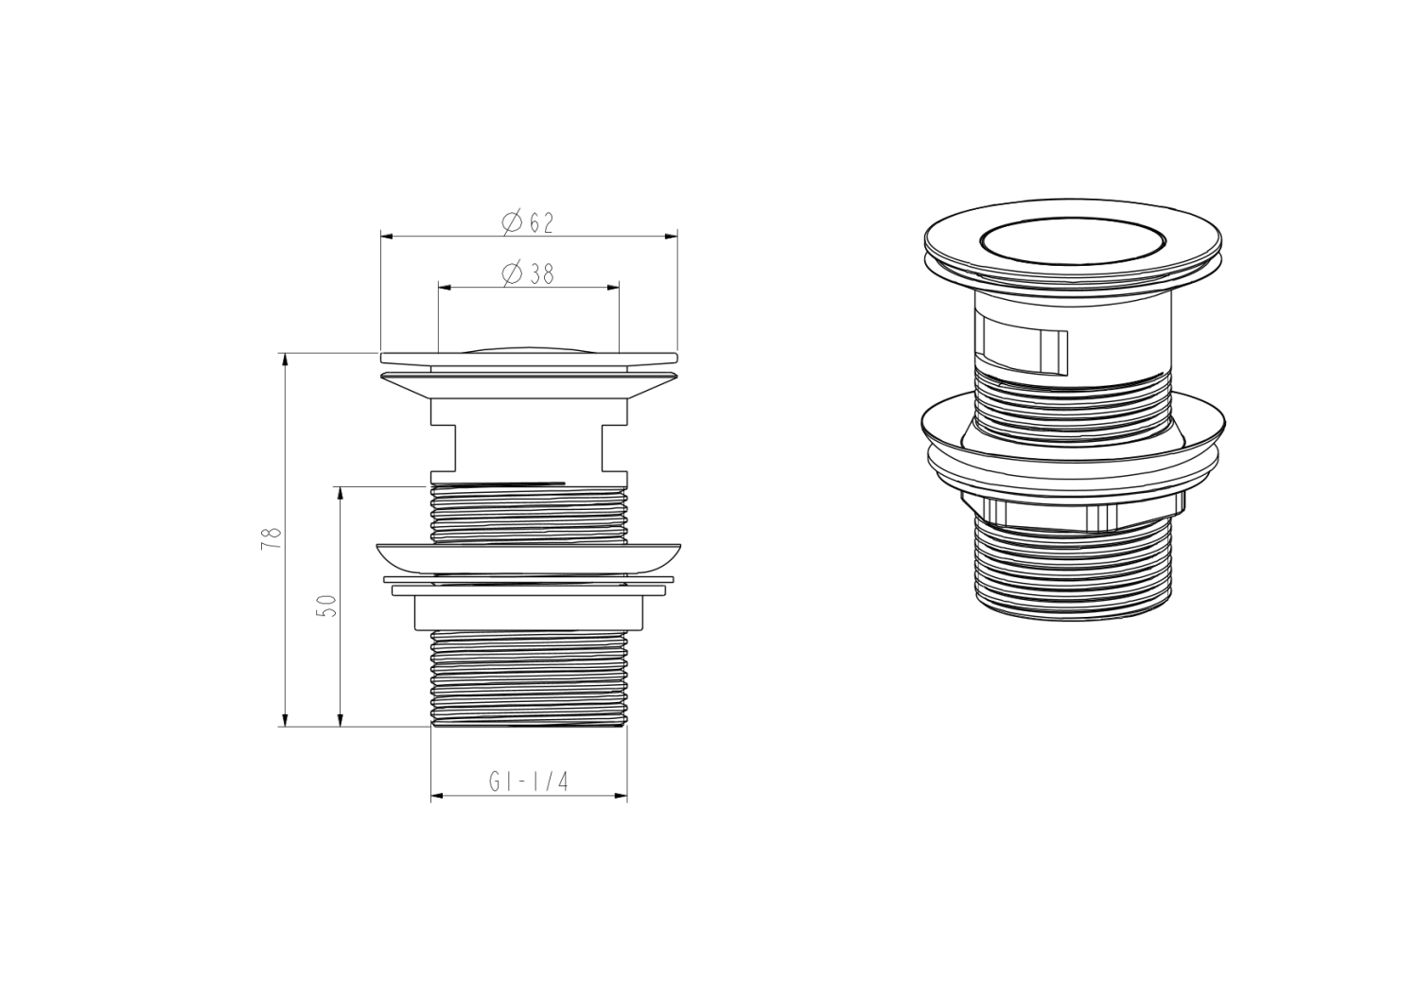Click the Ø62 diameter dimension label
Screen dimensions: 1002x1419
click(529, 223)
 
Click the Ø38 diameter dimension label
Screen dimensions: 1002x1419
click(529, 273)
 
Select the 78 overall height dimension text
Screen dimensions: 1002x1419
click(272, 538)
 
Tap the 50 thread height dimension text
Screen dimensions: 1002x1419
click(326, 606)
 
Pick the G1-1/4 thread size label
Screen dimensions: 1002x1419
click(528, 782)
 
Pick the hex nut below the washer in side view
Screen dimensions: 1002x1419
click(529, 613)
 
